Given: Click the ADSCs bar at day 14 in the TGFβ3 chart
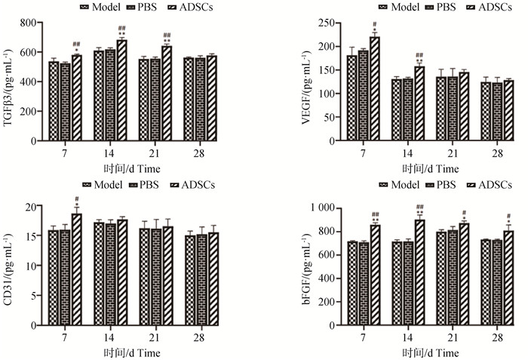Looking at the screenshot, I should click(121, 91).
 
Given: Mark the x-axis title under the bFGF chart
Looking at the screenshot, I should click(427, 352).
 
